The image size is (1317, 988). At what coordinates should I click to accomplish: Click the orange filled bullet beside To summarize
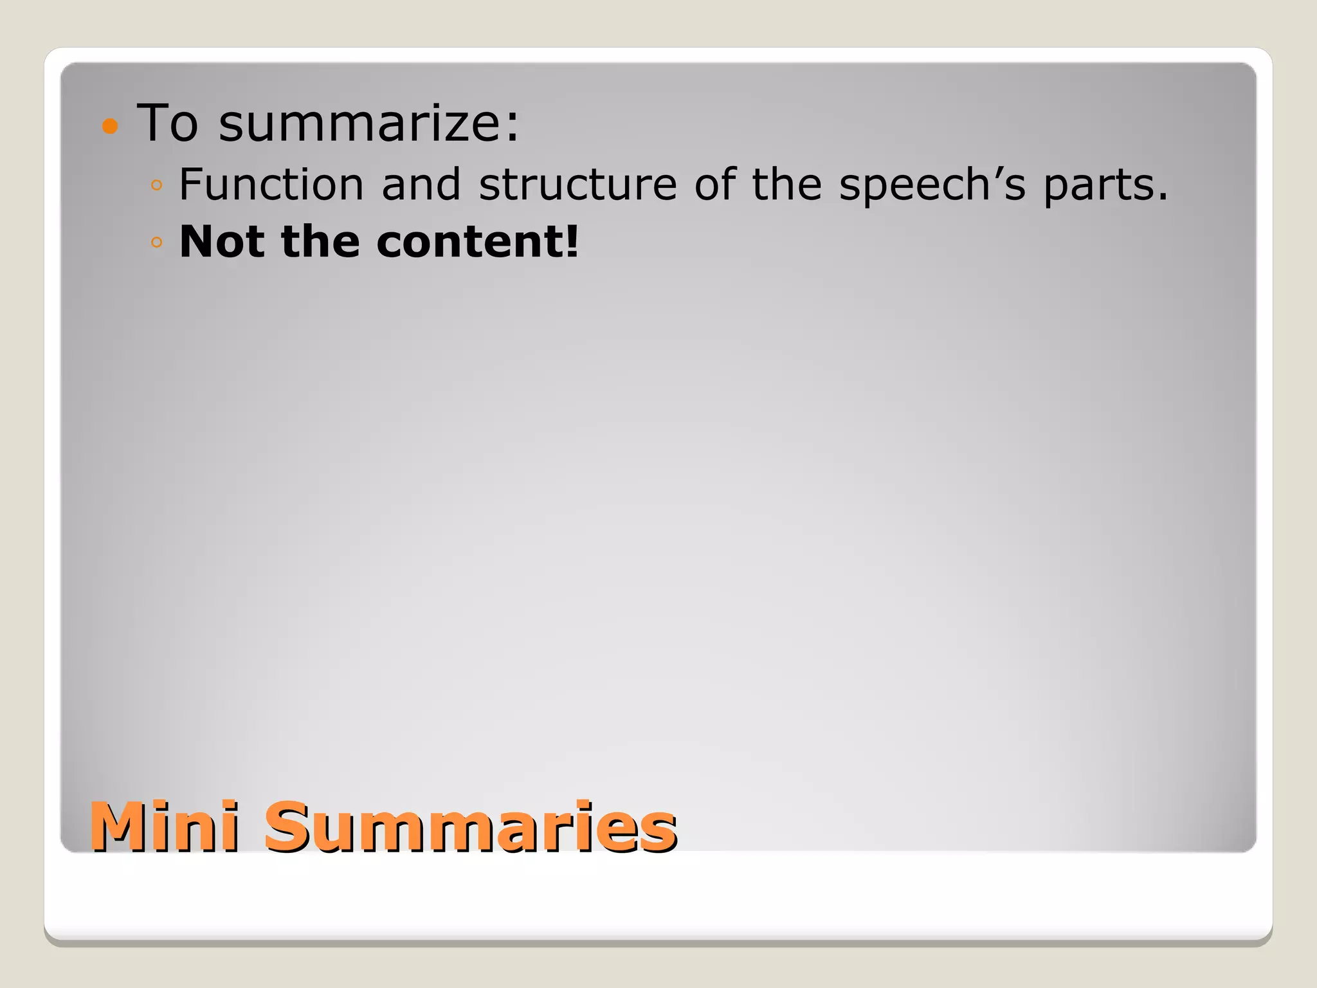tap(111, 126)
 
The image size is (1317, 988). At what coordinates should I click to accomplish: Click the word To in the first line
tap(168, 123)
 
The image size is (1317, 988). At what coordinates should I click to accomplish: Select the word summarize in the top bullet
tap(361, 123)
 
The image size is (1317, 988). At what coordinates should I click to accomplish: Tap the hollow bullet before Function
tap(156, 186)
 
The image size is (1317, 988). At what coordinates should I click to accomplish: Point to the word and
tap(421, 185)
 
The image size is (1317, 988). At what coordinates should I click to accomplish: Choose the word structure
tap(577, 185)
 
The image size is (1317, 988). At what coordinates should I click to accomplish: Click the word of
tap(714, 185)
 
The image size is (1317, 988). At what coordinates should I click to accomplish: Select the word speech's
tap(932, 185)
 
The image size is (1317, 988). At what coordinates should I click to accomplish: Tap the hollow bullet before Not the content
tap(156, 242)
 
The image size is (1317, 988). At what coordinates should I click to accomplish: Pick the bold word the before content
tap(320, 241)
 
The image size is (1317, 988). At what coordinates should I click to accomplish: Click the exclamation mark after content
tap(572, 241)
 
